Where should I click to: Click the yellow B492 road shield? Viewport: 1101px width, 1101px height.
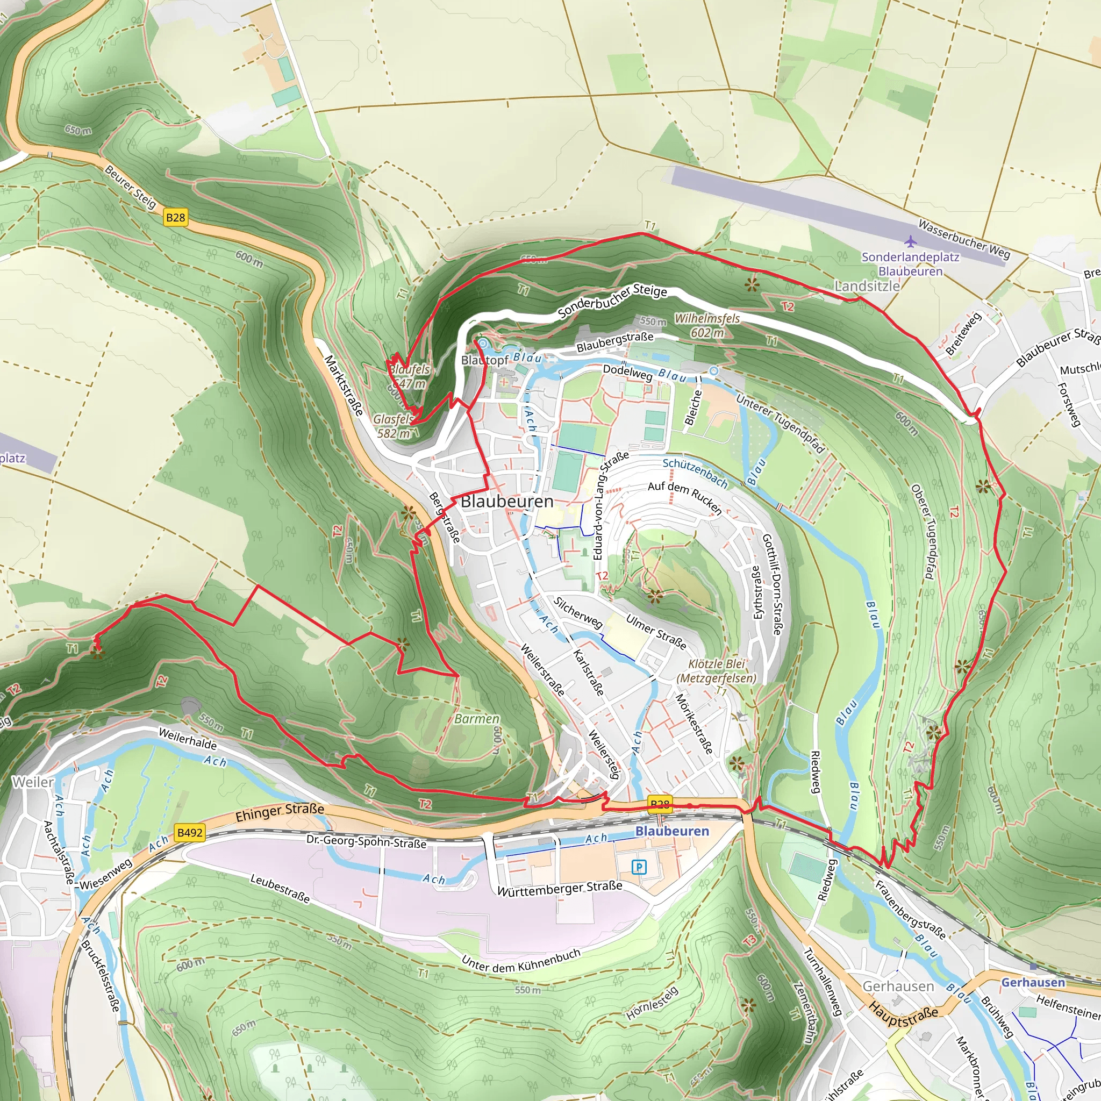pyautogui.click(x=190, y=833)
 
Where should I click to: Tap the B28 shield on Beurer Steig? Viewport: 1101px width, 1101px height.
pyautogui.click(x=175, y=217)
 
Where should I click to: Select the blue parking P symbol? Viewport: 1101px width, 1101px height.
pyautogui.click(x=639, y=867)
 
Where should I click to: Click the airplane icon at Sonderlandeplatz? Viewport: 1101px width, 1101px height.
pyautogui.click(x=911, y=241)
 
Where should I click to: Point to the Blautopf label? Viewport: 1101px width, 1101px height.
pyautogui.click(x=484, y=360)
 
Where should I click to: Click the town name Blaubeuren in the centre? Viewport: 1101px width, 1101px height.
pyautogui.click(x=507, y=502)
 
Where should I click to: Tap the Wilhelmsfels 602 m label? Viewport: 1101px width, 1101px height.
pyautogui.click(x=707, y=325)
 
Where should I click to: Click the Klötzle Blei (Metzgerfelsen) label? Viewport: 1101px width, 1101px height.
pyautogui.click(x=716, y=671)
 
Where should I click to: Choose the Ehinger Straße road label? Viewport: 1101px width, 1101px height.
pyautogui.click(x=280, y=813)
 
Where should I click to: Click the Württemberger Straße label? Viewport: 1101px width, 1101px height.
pyautogui.click(x=560, y=889)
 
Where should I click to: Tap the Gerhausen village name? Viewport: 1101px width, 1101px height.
pyautogui.click(x=898, y=986)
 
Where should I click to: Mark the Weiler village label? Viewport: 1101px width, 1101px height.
pyautogui.click(x=33, y=782)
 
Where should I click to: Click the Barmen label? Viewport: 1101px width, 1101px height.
pyautogui.click(x=477, y=719)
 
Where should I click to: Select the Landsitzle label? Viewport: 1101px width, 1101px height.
pyautogui.click(x=867, y=286)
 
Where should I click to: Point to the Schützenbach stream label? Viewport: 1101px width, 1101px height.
pyautogui.click(x=695, y=473)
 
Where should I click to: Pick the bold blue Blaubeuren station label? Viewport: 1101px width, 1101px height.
pyautogui.click(x=672, y=832)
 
